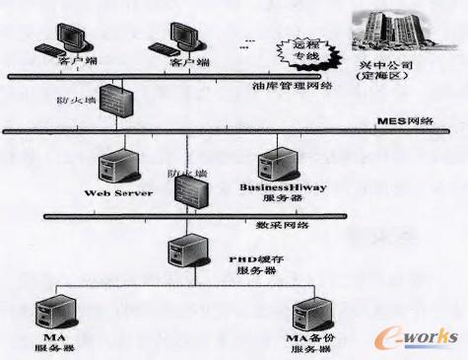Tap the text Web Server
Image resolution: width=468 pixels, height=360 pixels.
point(118,192)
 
